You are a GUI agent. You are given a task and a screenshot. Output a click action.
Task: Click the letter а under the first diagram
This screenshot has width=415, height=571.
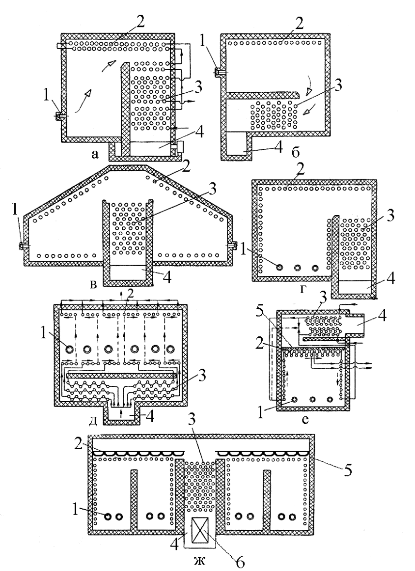point(95,155)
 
